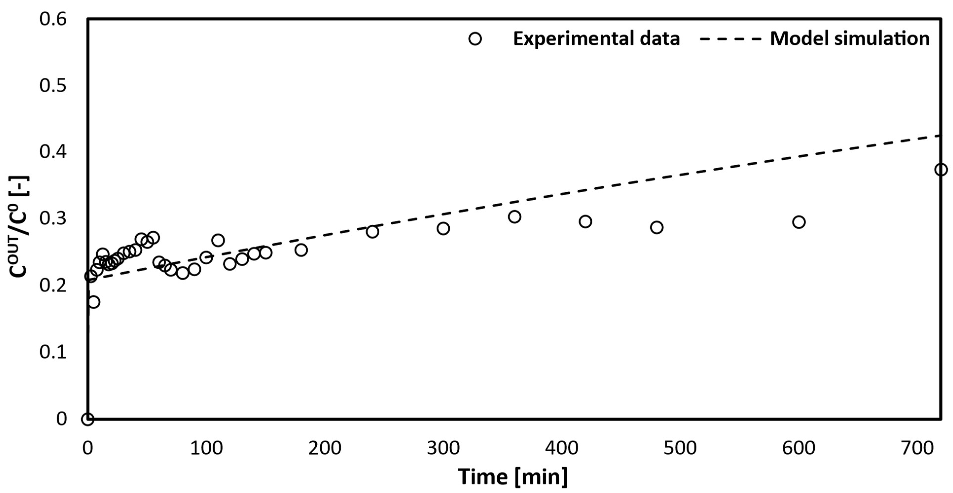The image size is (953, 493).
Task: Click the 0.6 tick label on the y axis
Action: [x=53, y=19]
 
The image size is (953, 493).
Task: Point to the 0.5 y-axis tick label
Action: [x=53, y=86]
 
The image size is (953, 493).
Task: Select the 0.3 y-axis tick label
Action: [x=53, y=219]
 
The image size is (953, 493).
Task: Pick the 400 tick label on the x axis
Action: [x=562, y=448]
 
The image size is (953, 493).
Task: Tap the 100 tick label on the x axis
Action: [x=206, y=448]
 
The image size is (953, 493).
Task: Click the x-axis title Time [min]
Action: [x=513, y=477]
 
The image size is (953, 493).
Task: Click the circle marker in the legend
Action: [x=475, y=39]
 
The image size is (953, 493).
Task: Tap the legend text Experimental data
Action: [x=596, y=39]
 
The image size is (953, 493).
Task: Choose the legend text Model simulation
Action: [x=849, y=39]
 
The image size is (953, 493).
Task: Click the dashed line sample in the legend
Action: [x=731, y=39]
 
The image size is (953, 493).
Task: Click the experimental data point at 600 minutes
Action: [x=799, y=222]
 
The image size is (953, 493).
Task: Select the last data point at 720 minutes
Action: [x=941, y=170]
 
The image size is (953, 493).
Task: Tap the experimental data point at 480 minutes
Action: [x=656, y=227]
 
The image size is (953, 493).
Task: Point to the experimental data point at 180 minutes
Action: [x=301, y=250]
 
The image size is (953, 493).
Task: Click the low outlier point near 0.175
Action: [x=94, y=302]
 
